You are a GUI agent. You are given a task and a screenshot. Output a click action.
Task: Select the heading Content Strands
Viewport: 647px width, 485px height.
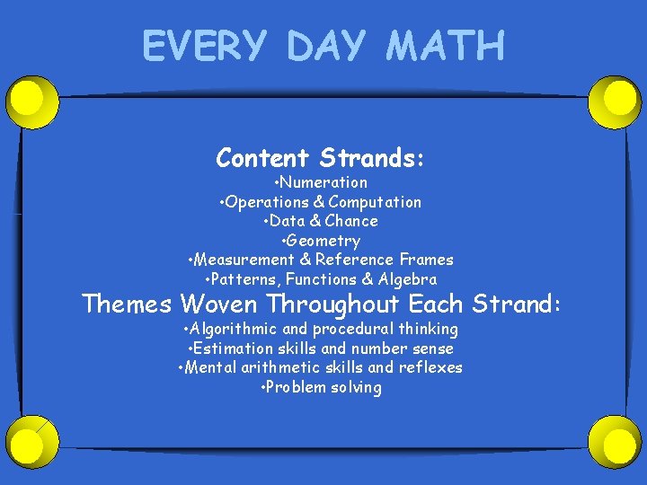320,158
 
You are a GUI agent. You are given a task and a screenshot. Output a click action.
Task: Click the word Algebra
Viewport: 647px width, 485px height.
409,279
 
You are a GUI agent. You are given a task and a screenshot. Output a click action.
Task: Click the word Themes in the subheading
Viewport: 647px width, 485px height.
126,304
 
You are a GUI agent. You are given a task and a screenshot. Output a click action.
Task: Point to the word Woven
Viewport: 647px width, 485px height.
219,304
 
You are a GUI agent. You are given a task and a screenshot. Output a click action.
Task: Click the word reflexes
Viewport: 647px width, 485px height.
430,367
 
